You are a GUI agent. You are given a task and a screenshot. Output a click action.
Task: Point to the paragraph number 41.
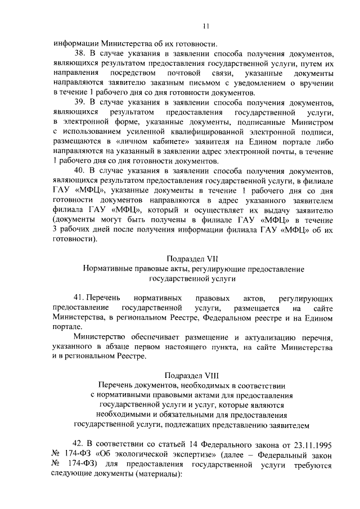point(81,299)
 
